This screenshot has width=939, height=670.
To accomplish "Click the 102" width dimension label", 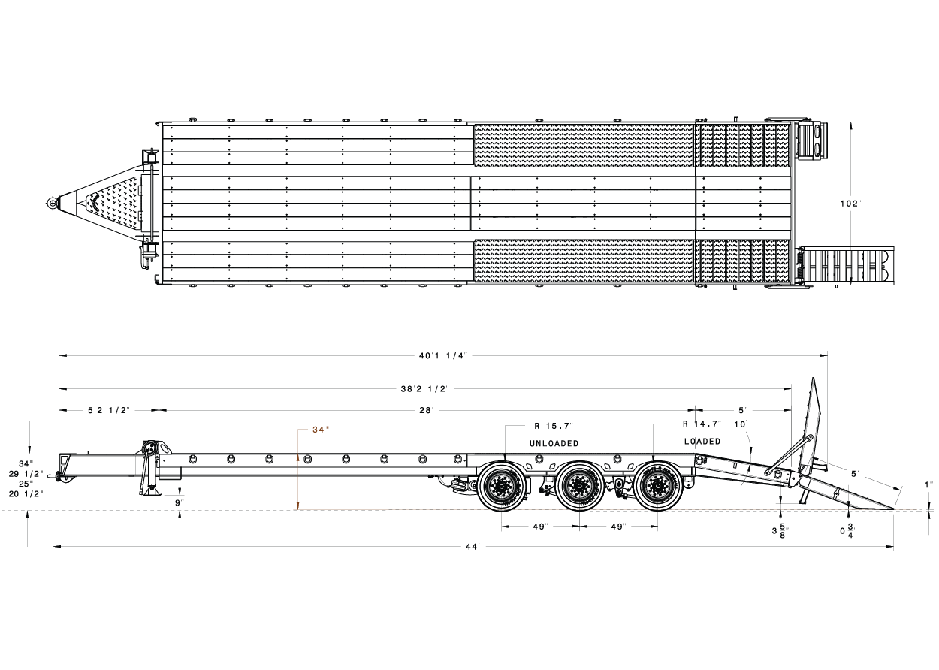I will tap(850, 204).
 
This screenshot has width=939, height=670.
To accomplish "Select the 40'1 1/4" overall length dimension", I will tap(443, 355).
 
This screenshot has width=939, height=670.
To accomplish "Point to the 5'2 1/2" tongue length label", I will tap(109, 410).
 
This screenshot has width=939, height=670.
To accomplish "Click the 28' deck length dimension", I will tap(426, 410).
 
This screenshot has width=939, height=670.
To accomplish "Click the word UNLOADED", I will tap(554, 443).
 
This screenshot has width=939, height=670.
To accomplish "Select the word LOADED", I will tap(702, 442).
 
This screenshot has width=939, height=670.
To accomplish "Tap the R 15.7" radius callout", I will tap(554, 425).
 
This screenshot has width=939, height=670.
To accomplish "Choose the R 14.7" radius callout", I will tap(702, 424).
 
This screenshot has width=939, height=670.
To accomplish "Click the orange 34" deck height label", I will tap(321, 430).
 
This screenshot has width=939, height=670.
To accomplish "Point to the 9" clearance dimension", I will tap(180, 502).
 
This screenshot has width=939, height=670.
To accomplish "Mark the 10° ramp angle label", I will tap(742, 424).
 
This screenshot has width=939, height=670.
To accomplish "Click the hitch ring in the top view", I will tap(51, 203).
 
